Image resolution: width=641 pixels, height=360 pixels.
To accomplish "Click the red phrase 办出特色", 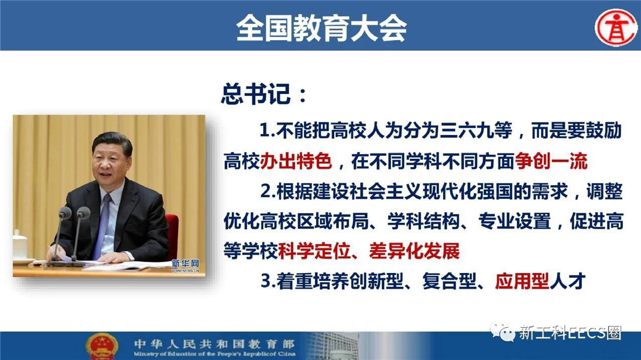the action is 296,162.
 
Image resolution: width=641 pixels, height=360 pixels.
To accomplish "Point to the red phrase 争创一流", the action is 551,162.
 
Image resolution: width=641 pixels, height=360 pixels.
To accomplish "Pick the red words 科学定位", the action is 314,251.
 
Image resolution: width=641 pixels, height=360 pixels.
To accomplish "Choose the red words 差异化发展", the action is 414,251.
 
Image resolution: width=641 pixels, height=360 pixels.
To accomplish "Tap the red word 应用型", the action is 522,281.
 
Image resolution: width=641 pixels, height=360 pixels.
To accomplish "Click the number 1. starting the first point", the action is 267,131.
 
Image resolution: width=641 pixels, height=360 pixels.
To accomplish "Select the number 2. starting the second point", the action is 268,191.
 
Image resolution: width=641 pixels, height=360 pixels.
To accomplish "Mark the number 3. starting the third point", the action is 268,281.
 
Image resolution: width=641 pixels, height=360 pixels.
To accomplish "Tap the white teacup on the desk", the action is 20,245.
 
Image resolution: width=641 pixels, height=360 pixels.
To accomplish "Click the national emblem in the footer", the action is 102,346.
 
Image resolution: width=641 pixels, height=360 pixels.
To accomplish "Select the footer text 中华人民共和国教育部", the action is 214,343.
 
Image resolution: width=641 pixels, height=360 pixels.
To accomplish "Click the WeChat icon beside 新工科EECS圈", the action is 502,332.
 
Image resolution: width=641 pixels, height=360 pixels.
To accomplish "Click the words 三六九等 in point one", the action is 476,131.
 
